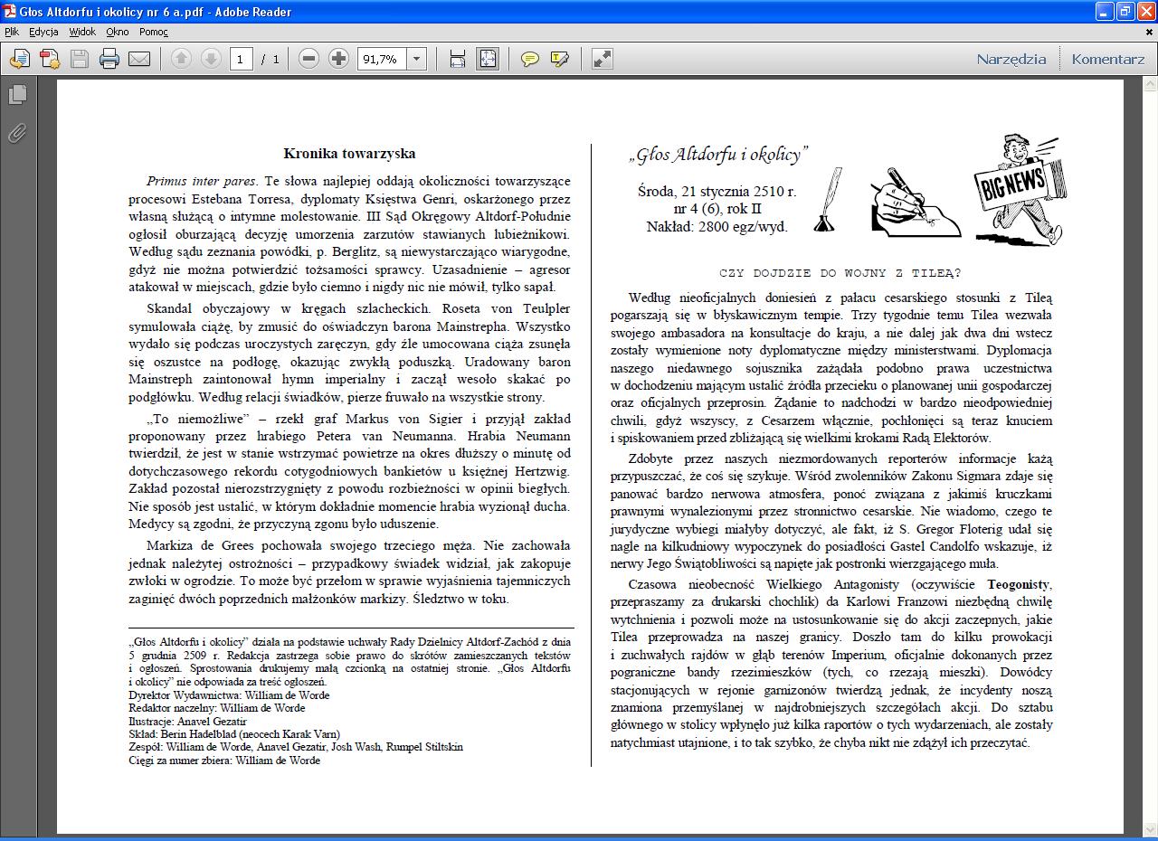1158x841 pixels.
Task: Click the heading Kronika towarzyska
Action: [x=349, y=154]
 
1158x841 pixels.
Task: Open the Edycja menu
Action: [x=43, y=32]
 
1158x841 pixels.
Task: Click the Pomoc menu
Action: [x=153, y=32]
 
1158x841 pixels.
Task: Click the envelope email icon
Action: [x=139, y=60]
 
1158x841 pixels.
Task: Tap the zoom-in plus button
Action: [x=338, y=60]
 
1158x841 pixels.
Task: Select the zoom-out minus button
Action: [x=308, y=60]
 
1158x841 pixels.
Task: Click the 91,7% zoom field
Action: [x=382, y=60]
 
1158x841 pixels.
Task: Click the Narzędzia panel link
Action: [x=1011, y=60]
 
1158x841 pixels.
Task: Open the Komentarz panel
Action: [x=1107, y=60]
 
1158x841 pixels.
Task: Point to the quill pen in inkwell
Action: [x=828, y=201]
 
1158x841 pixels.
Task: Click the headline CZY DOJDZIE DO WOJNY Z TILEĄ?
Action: [x=840, y=273]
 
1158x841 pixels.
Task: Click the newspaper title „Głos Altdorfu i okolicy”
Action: [x=718, y=156]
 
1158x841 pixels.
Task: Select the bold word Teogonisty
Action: [x=1019, y=584]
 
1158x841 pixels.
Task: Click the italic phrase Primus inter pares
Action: [x=201, y=181]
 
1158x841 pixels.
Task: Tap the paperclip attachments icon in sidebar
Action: [x=17, y=134]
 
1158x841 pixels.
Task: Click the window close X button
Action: [x=1144, y=12]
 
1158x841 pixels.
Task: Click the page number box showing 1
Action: [x=240, y=60]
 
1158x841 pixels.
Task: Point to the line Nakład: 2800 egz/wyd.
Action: [x=717, y=227]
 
